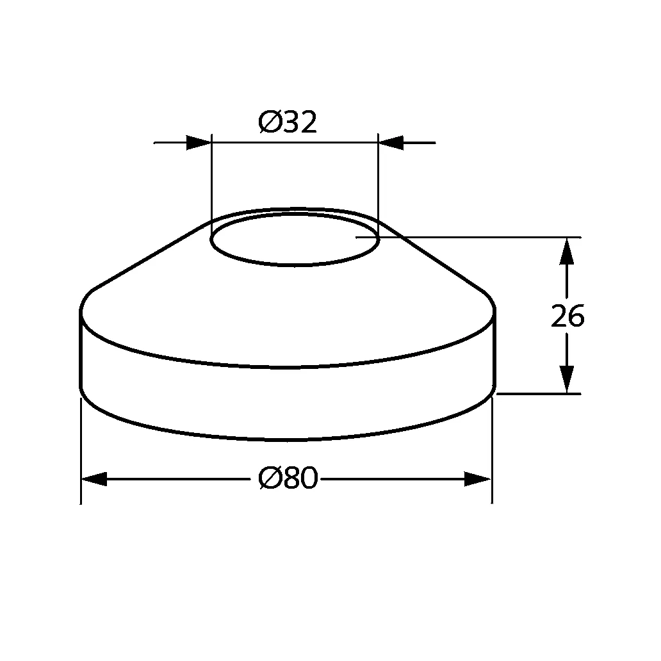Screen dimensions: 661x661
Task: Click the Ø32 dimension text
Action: point(288,122)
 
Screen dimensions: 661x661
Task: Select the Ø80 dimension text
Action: point(288,478)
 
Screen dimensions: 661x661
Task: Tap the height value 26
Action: point(567,316)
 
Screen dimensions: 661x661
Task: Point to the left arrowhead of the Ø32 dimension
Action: point(199,142)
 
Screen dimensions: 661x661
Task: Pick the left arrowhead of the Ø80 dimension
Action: point(94,479)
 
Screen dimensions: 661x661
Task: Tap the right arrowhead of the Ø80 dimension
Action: point(477,479)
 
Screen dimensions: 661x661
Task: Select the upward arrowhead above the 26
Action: point(566,251)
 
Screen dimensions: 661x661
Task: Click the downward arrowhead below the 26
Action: point(566,379)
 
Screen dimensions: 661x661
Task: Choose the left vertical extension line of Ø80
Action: point(81,448)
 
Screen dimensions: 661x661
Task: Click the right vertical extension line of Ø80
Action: point(491,448)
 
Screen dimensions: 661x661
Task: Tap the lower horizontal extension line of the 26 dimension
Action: point(538,394)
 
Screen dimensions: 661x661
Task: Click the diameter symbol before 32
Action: point(269,122)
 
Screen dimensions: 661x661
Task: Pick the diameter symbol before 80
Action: point(269,478)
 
